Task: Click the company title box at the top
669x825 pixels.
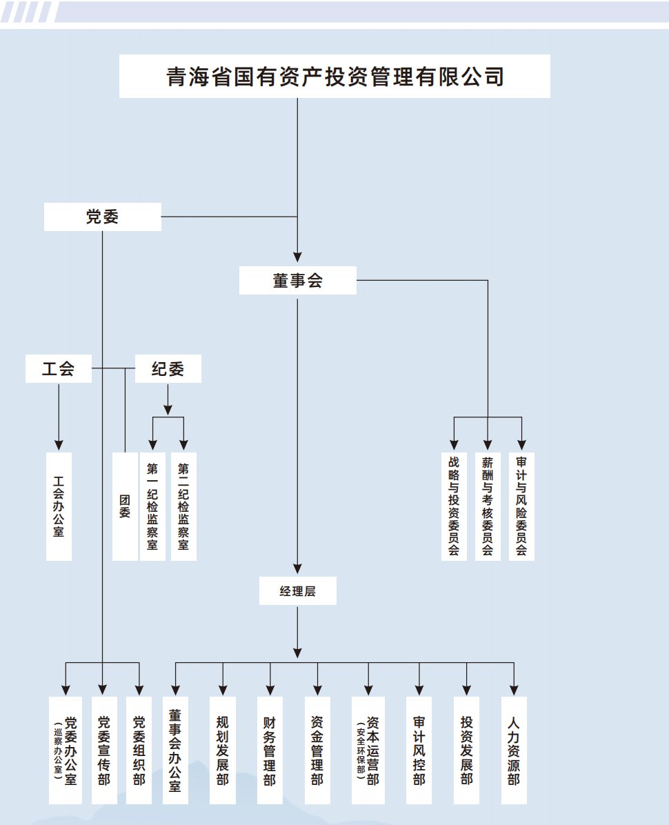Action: coord(334,76)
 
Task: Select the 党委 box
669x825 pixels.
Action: coord(102,217)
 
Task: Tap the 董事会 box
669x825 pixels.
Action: coord(297,280)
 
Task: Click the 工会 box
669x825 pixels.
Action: coord(59,368)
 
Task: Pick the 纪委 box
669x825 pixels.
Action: coord(168,368)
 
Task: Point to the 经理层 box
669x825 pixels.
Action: coord(297,591)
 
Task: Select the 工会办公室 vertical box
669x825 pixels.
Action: coord(59,506)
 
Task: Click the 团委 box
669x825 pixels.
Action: coord(125,506)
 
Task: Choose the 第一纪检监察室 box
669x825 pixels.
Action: coord(152,506)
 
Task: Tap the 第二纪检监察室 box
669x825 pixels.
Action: coord(183,506)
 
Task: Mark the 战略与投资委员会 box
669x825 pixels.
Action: coord(454,506)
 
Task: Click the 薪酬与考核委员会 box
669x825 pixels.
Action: coord(488,506)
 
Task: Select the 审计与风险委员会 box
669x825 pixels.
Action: coord(521,506)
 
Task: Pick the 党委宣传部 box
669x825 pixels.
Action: coord(103,750)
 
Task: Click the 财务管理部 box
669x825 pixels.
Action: coord(270,750)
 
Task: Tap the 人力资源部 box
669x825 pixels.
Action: coord(514,750)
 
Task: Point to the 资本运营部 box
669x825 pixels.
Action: coord(368,750)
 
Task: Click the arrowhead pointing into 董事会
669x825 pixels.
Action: coord(297,257)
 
